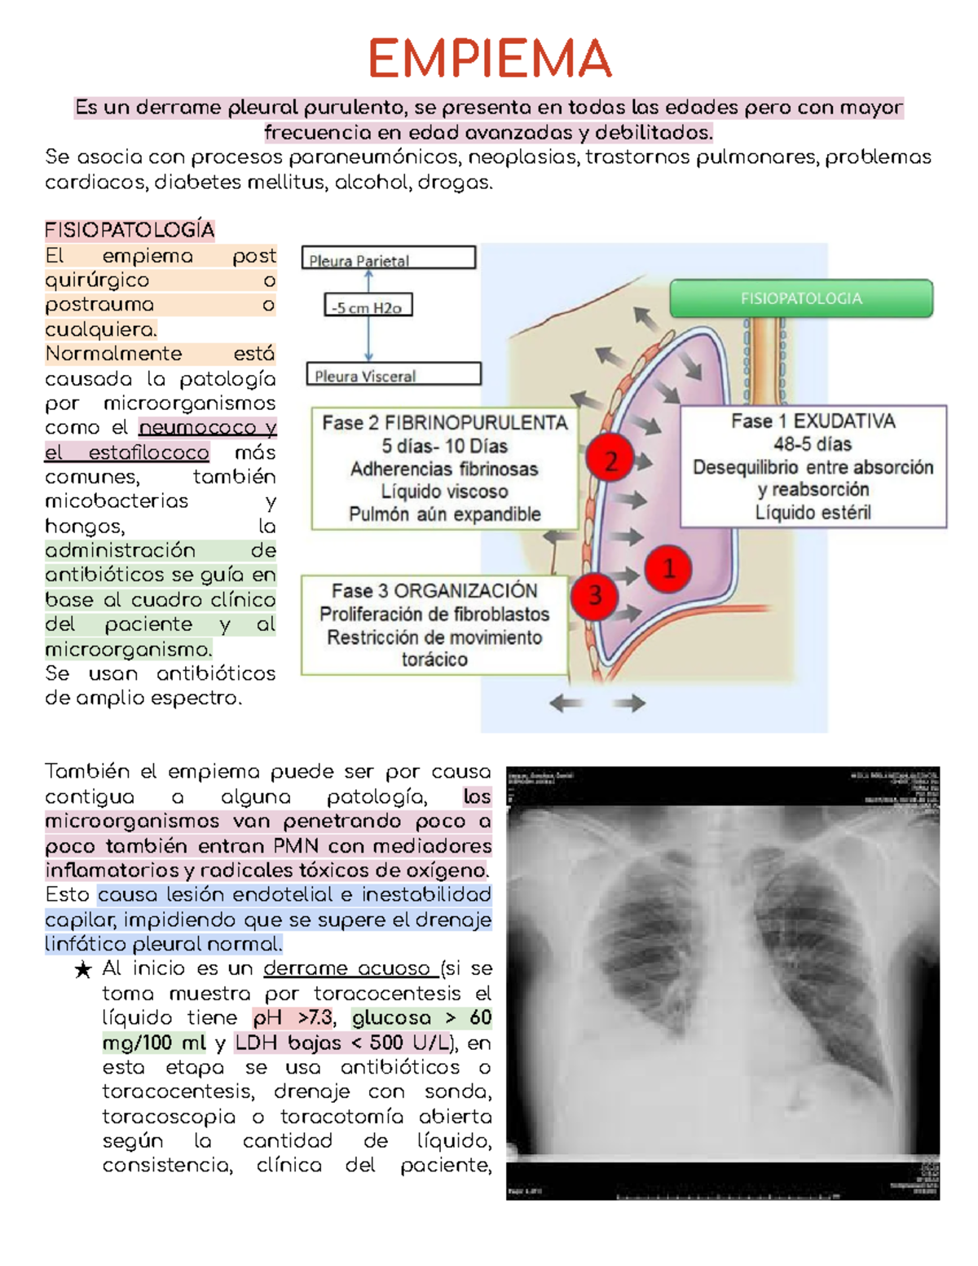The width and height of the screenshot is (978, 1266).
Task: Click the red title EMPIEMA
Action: tap(489, 59)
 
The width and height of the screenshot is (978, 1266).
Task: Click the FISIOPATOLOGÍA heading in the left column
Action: tap(130, 231)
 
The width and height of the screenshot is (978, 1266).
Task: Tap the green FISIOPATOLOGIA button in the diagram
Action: tap(801, 298)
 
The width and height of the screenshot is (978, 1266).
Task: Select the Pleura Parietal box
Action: tap(388, 258)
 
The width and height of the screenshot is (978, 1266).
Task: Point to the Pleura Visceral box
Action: tap(393, 374)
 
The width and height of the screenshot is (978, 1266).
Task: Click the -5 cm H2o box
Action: tap(368, 307)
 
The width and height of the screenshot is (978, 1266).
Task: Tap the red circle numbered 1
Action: tap(668, 568)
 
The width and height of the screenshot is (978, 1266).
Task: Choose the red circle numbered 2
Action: tap(610, 461)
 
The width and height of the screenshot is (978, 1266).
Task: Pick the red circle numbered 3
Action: tap(594, 595)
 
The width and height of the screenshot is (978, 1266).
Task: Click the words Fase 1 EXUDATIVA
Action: tap(813, 421)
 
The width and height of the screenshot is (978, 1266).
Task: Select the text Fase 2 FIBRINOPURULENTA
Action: tap(444, 422)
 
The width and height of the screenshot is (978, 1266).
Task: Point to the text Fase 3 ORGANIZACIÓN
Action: tap(434, 590)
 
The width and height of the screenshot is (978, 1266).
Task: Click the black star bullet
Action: tap(82, 970)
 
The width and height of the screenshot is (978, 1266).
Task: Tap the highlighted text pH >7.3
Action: tap(293, 1018)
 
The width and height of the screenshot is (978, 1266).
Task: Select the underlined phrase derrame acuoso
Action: tap(347, 968)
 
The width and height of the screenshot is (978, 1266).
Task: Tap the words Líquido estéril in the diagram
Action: tap(813, 513)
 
